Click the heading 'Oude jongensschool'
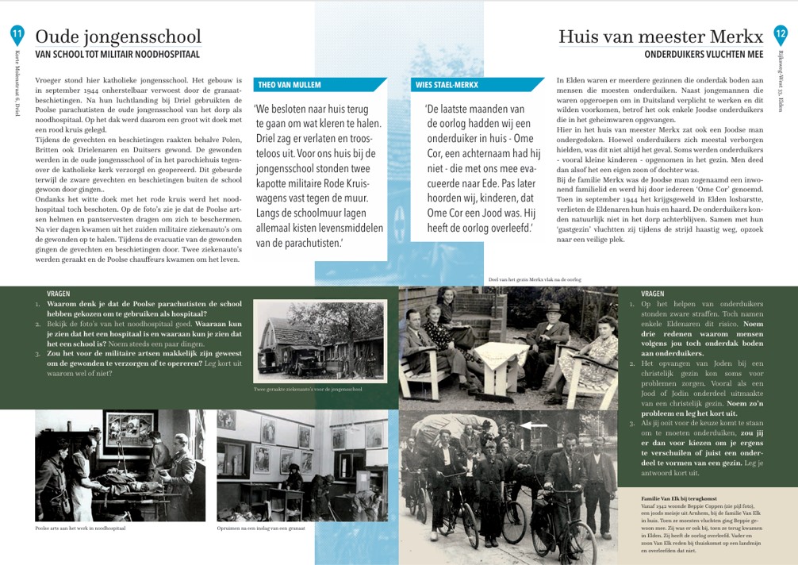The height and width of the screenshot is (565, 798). coord(118,37)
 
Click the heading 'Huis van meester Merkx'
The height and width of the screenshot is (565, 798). coord(660,37)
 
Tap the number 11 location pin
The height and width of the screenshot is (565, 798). coord(17,33)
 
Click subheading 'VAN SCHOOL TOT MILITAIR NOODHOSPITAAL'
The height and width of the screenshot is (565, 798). coord(117,55)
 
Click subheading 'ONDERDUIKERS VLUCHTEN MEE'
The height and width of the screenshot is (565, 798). coord(704,55)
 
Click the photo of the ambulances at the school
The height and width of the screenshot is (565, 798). coord(320,341)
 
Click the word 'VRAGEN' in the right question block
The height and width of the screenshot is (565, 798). coord(652,294)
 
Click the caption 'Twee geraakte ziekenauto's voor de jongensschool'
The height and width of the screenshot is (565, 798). coord(307,390)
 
